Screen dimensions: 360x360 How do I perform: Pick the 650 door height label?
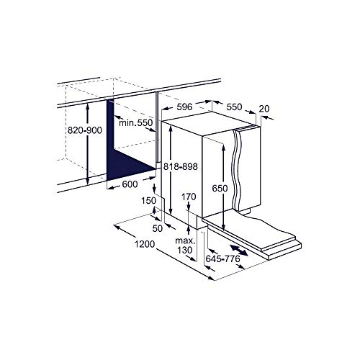(x=220, y=189)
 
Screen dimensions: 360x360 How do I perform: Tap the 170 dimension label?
(x=189, y=196)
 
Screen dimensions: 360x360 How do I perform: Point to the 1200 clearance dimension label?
(x=145, y=245)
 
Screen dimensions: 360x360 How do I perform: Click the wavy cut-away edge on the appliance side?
(x=237, y=173)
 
